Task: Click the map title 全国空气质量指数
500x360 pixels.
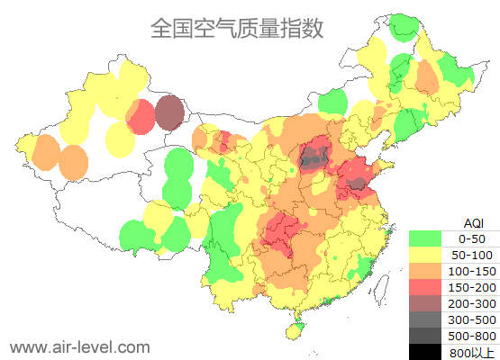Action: pyautogui.click(x=237, y=29)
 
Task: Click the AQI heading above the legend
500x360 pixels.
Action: pyautogui.click(x=472, y=222)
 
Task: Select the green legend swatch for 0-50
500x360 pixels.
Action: pyautogui.click(x=425, y=238)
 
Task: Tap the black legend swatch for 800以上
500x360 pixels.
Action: pyautogui.click(x=425, y=352)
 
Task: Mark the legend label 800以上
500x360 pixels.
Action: pyautogui.click(x=471, y=352)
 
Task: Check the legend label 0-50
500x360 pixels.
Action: pyautogui.click(x=471, y=238)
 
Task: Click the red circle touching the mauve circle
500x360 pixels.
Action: pyautogui.click(x=140, y=117)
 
